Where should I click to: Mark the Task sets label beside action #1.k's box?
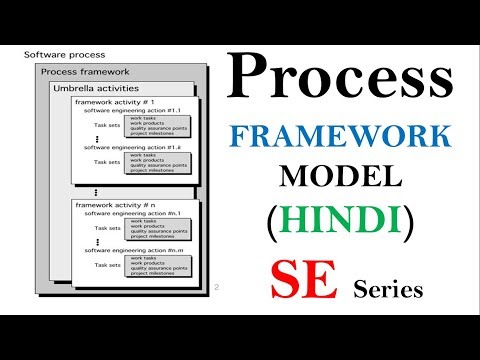[x=106, y=161]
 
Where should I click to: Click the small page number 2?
[x=216, y=288]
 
